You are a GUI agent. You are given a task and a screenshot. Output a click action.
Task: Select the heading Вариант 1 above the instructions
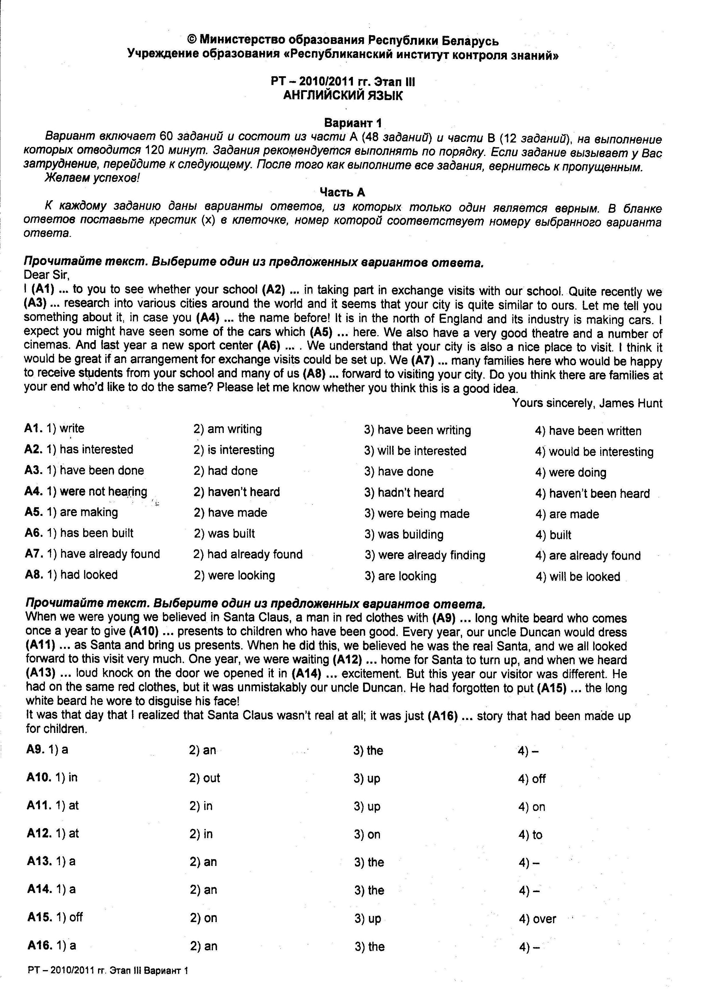coord(353,123)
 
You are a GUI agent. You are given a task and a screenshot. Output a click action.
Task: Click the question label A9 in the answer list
coord(35,749)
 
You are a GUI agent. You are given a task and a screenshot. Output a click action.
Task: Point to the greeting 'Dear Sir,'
coord(47,275)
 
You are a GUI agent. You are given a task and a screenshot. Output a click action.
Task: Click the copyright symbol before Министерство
coord(192,40)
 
